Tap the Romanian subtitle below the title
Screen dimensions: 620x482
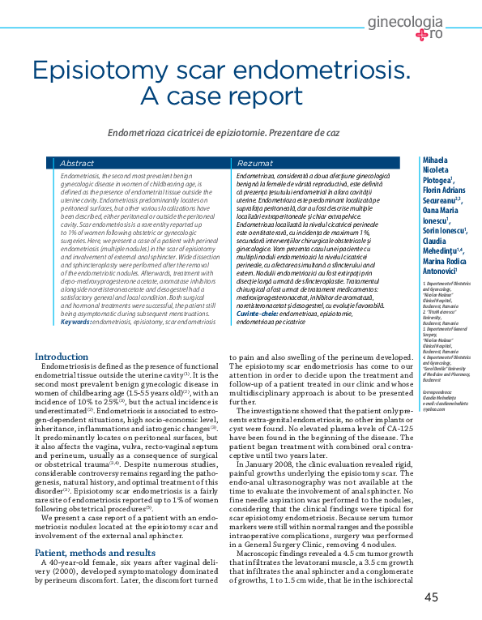pos(223,132)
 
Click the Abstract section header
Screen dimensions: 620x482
pos(77,163)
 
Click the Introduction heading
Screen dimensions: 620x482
pos(62,357)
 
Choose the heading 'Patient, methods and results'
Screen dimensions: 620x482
pos(96,530)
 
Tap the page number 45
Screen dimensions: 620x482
pos(431,598)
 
